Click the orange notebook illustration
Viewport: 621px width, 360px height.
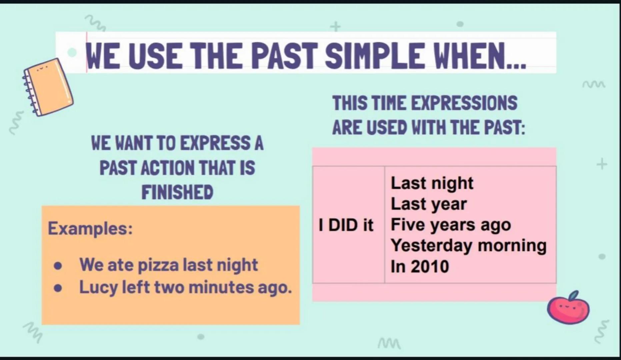coord(48,87)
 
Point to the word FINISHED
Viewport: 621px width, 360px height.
coord(177,192)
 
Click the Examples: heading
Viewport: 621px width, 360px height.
coord(90,228)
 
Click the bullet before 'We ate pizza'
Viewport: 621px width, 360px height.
coord(58,266)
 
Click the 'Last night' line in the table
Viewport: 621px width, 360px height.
coord(432,183)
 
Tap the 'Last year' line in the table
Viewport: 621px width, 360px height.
coord(428,204)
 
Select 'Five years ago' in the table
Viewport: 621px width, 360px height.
coord(450,225)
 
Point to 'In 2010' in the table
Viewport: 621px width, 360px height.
coord(420,266)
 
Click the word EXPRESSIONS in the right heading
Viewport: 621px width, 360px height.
coord(464,103)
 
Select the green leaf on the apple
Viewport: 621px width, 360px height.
coord(574,295)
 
